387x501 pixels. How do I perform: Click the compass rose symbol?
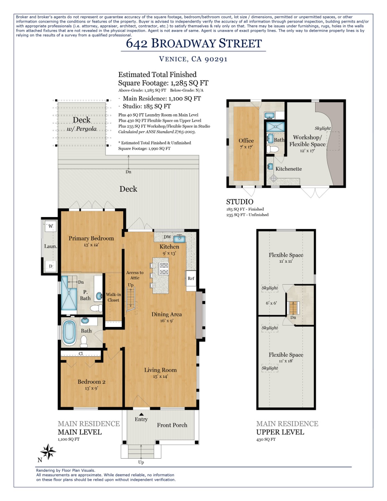(49, 452)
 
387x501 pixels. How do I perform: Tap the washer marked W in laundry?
(51, 226)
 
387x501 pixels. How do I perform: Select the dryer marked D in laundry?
(51, 266)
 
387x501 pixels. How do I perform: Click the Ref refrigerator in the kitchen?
(191, 278)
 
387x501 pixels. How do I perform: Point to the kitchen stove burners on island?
(164, 269)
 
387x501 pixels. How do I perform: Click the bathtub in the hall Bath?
(69, 333)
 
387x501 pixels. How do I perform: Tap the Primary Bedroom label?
(91, 238)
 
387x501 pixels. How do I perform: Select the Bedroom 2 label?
(91, 382)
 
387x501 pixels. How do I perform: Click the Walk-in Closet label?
(113, 297)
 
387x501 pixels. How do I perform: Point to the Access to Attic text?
(135, 275)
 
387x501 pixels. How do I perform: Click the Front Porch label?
(172, 425)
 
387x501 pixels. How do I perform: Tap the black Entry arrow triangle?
(141, 414)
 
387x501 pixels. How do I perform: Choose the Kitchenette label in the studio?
(288, 169)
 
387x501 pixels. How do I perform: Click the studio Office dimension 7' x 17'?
(246, 147)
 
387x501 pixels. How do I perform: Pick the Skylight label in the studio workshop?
(322, 128)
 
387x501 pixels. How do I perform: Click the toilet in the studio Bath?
(274, 149)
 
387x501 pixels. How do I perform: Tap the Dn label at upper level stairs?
(293, 317)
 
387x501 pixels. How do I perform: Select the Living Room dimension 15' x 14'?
(160, 376)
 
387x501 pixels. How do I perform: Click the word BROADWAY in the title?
(184, 43)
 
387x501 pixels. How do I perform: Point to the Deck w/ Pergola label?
(82, 124)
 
